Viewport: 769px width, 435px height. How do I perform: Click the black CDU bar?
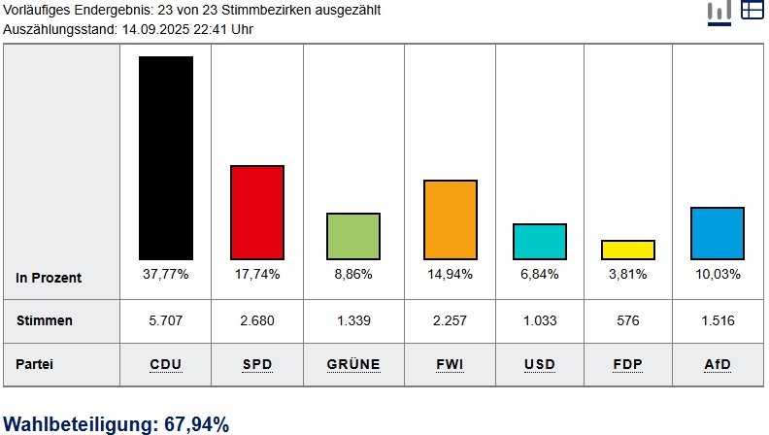coord(166,157)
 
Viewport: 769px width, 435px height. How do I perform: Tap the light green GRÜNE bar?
coord(353,236)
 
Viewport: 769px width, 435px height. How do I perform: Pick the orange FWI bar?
coord(451,219)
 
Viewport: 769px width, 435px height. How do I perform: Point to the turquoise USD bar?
coord(540,241)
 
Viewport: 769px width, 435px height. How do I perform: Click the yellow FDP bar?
coord(628,250)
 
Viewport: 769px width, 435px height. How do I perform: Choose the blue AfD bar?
coord(718,233)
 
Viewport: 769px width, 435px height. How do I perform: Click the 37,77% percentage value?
coord(166,275)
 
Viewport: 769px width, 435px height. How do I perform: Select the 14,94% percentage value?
coord(450,275)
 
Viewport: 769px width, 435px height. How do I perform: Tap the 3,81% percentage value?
coord(628,275)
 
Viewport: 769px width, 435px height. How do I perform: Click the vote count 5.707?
coord(166,320)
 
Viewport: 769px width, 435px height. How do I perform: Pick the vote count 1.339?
coord(353,320)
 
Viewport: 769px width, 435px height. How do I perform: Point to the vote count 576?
coord(628,320)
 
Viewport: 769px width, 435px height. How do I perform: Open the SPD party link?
coord(257,365)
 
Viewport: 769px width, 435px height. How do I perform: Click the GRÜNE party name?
coord(353,365)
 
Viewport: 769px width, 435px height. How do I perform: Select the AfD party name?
coord(718,365)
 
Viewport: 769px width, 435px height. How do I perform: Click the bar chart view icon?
coord(719,11)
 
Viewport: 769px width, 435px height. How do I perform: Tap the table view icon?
coord(752,10)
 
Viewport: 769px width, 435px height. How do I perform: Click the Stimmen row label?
coord(45,320)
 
